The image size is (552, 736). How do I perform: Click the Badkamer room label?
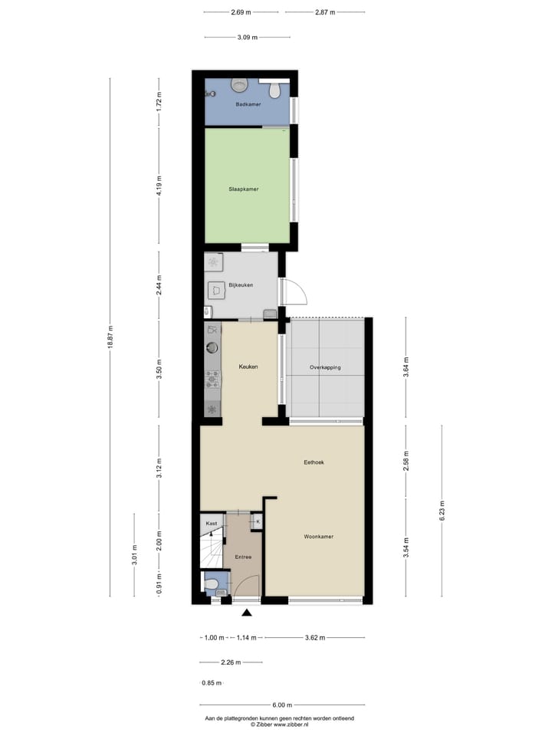point(248,104)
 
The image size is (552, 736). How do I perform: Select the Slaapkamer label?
point(243,189)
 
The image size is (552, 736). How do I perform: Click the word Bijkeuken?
point(241,285)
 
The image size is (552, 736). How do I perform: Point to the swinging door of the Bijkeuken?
point(292,292)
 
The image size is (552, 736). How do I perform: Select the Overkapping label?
point(325,367)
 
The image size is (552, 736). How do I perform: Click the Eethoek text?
point(314,462)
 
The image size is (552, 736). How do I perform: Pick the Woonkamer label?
point(317,537)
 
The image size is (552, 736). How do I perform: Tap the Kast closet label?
point(212,523)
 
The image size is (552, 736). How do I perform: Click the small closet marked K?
point(257,522)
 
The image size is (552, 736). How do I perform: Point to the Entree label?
point(243,557)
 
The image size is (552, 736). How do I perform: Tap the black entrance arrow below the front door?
point(247,613)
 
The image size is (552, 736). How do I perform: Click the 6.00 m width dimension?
point(281,705)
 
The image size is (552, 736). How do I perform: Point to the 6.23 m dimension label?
point(442,509)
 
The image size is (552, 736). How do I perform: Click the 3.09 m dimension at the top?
point(247,37)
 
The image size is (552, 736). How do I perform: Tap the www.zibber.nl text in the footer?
point(291,724)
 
